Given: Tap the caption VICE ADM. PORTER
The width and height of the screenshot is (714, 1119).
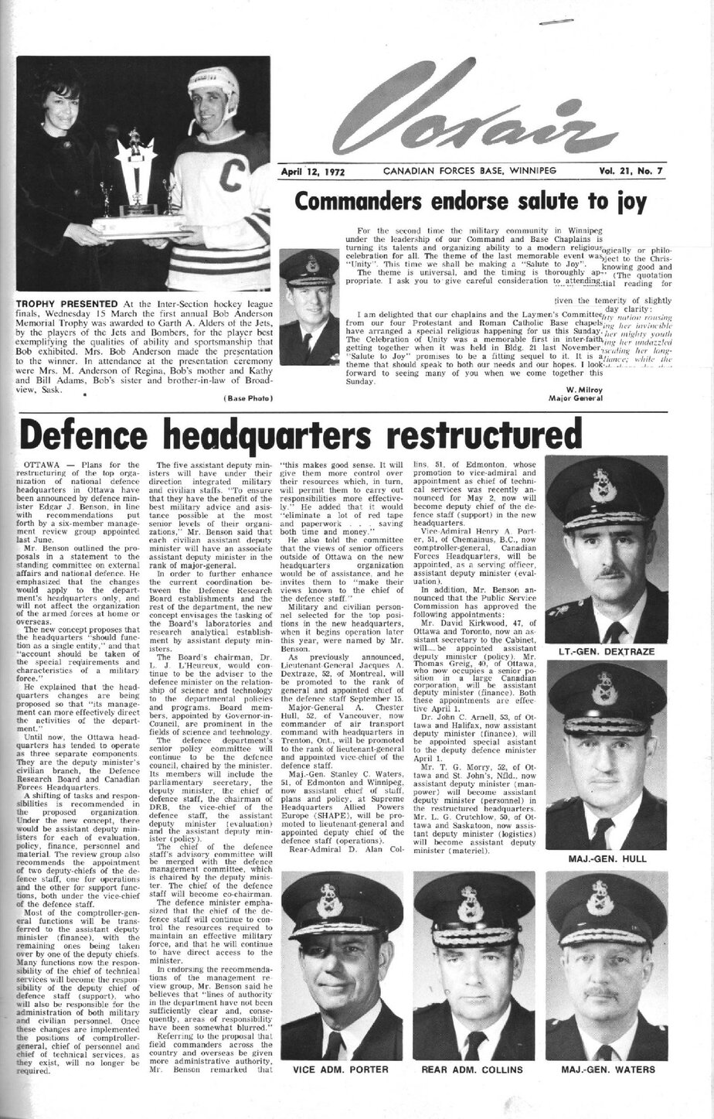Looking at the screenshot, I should point(339,1070).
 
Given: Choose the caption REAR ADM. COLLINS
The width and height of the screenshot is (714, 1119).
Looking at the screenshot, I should point(472,1070).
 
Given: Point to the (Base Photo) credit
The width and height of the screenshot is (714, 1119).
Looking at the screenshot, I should point(246,398).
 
